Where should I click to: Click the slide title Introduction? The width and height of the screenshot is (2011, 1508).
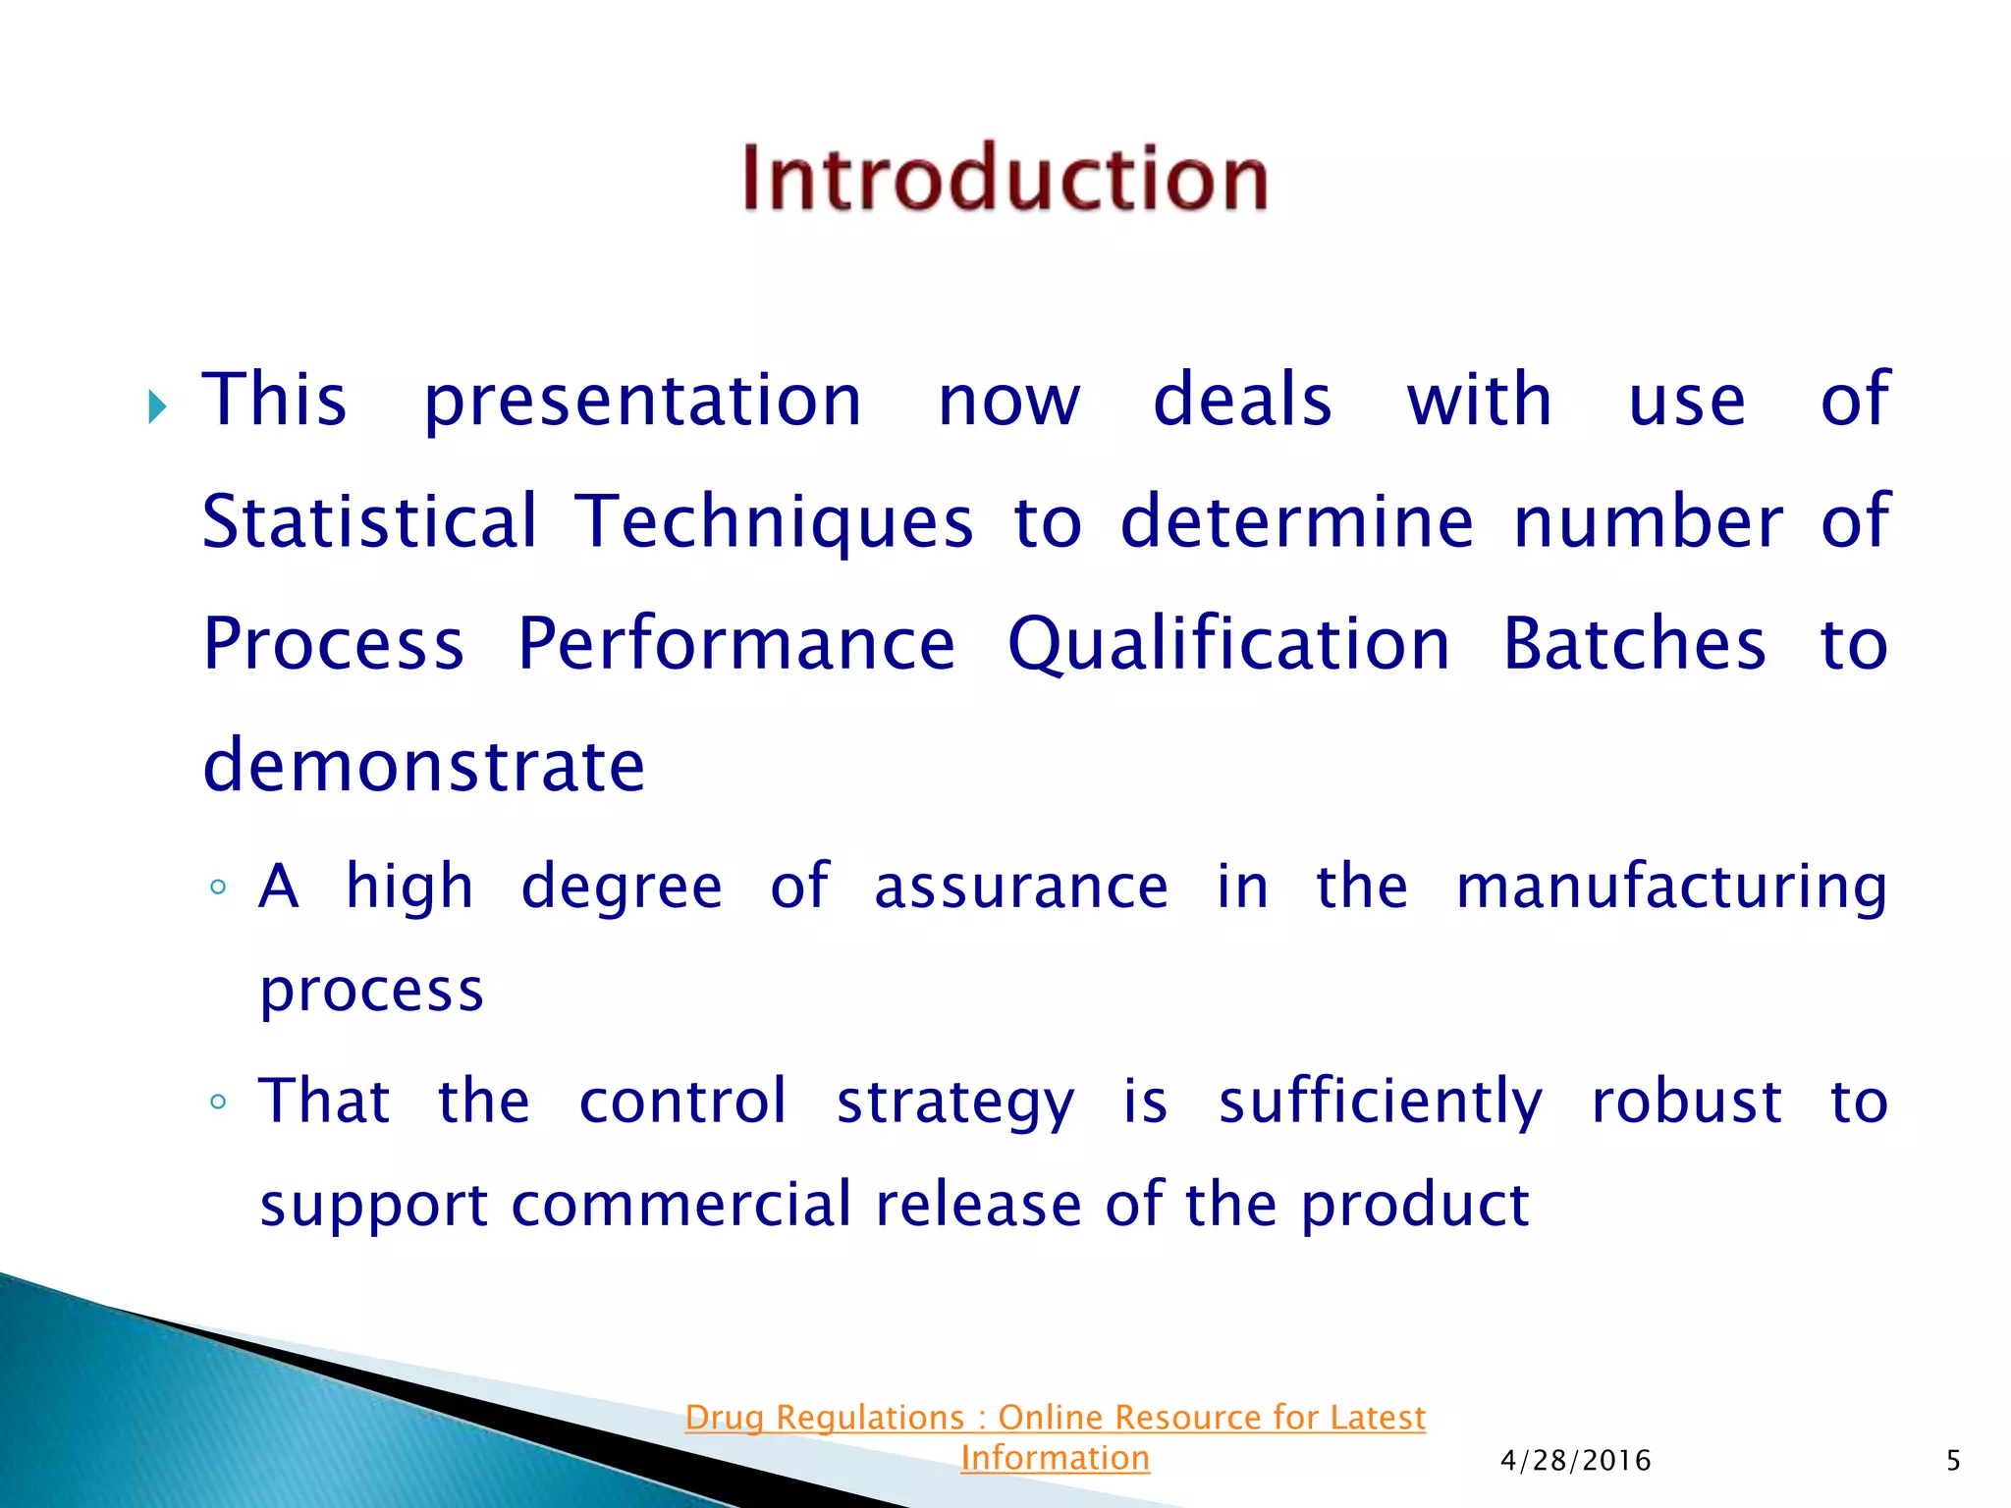point(1005,178)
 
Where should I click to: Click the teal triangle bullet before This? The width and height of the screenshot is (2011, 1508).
point(157,405)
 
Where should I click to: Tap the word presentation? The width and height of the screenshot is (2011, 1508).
point(642,403)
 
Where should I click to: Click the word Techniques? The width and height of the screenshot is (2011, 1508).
point(773,523)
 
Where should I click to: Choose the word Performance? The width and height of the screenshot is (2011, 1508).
point(735,644)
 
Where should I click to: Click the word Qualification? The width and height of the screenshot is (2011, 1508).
point(1228,646)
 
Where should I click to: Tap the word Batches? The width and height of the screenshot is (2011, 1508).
point(1634,644)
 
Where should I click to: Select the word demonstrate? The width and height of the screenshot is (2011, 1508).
point(423,765)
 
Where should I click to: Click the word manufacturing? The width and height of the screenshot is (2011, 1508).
point(1670,888)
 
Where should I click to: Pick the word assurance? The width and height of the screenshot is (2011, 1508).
point(1021,888)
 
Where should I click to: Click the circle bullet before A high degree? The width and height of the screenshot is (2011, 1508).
point(218,889)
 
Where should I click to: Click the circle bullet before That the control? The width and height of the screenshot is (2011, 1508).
point(218,1102)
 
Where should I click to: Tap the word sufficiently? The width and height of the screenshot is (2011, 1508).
point(1380,1102)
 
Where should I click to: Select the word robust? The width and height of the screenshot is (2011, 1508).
point(1685,1101)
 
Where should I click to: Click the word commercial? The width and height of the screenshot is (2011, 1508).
point(680,1205)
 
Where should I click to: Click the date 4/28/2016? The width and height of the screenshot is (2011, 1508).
point(1575,1461)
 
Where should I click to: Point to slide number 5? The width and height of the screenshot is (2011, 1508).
point(1953,1461)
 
